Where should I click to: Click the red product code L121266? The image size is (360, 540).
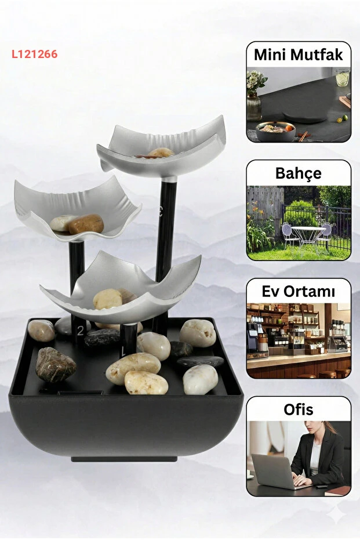34,54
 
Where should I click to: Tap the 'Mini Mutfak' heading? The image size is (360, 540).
299,55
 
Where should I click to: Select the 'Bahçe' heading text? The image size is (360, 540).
299,173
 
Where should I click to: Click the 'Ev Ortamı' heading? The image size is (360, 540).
299,291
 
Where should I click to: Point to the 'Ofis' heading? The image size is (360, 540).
299,409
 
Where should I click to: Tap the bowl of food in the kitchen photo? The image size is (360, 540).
275,131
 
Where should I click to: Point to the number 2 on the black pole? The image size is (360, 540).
81,331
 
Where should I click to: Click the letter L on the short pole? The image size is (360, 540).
123,351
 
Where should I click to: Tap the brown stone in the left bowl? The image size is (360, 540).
86,224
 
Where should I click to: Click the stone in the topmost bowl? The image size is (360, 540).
161,153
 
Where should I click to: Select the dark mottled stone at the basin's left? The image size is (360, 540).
56,365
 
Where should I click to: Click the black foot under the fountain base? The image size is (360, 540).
124,459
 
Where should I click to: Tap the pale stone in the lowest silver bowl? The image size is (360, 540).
108,299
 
